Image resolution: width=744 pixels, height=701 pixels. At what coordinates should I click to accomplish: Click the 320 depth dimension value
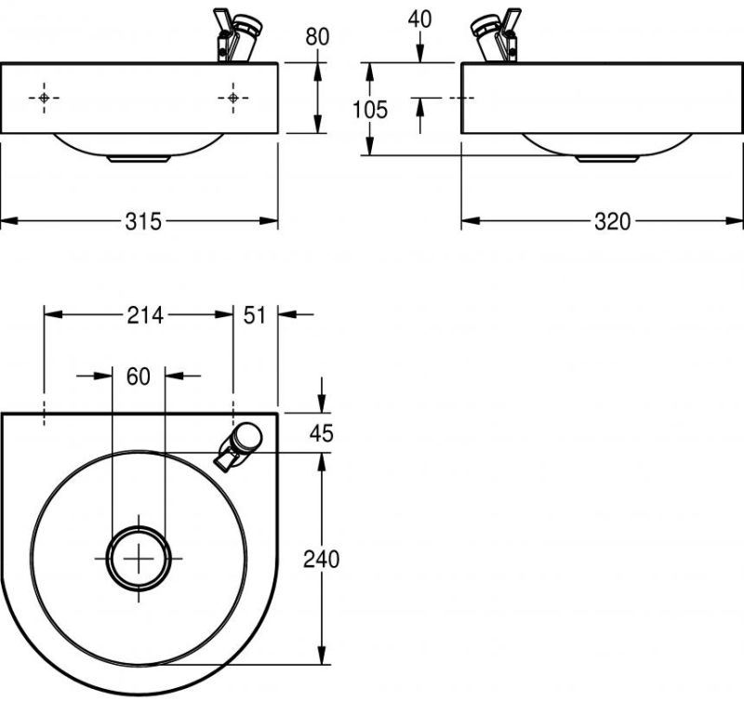pos(612,221)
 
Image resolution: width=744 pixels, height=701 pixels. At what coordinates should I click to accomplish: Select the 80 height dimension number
pos(317,38)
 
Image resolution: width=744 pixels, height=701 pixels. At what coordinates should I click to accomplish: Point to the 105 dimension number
pos(370,110)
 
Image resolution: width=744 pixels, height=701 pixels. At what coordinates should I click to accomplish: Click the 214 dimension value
pos(144,315)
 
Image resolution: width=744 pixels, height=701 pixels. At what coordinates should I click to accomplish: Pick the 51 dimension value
pos(256,315)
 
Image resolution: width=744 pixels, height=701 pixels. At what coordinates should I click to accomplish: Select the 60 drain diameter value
pos(138,376)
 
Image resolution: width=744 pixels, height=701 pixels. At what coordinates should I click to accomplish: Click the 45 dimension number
pos(322,433)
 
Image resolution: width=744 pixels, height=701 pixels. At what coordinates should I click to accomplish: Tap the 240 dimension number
pos(322,559)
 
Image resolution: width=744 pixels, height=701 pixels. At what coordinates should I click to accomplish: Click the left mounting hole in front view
pos(44,98)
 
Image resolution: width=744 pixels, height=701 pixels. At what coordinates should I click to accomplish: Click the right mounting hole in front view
pos(232,98)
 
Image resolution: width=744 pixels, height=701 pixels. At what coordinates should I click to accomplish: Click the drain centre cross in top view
pos(139,558)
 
